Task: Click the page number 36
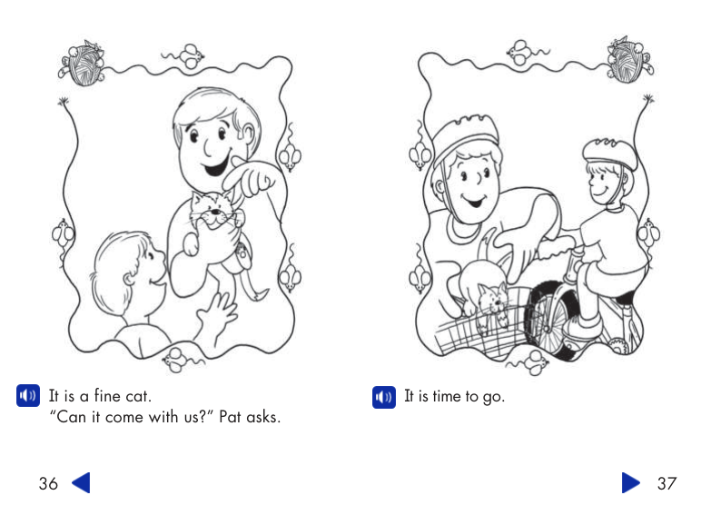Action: click(48, 483)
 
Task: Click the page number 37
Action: click(667, 483)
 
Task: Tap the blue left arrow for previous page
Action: click(81, 483)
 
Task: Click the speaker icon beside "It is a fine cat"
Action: click(28, 396)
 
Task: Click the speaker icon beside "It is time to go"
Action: click(384, 397)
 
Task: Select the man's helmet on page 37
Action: click(466, 136)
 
